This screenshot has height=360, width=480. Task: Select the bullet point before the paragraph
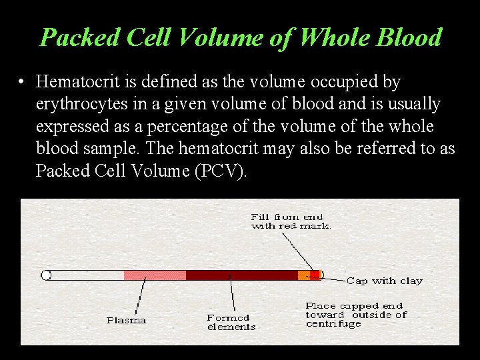pyautogui.click(x=23, y=83)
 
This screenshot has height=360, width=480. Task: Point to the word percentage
pyautogui.click(x=194, y=126)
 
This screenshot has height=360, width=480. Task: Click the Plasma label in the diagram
pyautogui.click(x=126, y=321)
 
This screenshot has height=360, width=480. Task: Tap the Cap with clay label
pyautogui.click(x=384, y=281)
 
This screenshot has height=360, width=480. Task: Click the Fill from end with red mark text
pyautogui.click(x=291, y=221)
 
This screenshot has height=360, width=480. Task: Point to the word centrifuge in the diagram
pyautogui.click(x=333, y=324)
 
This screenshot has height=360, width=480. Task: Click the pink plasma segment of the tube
pyautogui.click(x=155, y=275)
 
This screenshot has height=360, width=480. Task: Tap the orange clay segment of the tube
pyautogui.click(x=304, y=275)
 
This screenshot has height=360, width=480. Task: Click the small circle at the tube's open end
pyautogui.click(x=46, y=275)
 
